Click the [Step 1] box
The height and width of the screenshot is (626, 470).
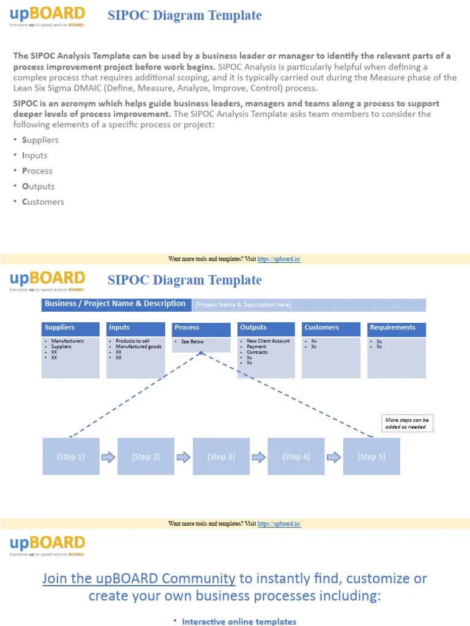pyautogui.click(x=71, y=457)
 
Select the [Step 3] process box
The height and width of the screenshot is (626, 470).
pyautogui.click(x=221, y=457)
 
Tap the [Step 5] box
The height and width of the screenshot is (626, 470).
pyautogui.click(x=371, y=457)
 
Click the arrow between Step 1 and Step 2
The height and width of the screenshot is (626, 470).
pyautogui.click(x=108, y=457)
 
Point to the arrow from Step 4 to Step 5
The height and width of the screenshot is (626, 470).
pyautogui.click(x=334, y=457)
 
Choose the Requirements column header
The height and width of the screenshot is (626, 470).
pyautogui.click(x=396, y=328)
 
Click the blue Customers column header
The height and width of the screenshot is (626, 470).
pyautogui.click(x=331, y=328)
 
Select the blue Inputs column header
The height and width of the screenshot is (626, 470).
pyautogui.click(x=135, y=328)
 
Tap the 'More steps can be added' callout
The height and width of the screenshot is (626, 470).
pyautogui.click(x=407, y=423)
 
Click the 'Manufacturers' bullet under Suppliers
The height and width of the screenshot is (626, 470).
pyautogui.click(x=67, y=341)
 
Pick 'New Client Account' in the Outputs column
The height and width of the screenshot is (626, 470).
pyautogui.click(x=268, y=341)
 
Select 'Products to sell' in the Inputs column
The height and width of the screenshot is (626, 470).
pyautogui.click(x=132, y=341)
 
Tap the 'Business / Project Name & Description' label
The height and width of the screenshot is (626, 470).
pyautogui.click(x=115, y=304)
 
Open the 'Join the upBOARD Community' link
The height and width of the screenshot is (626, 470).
pyautogui.click(x=139, y=578)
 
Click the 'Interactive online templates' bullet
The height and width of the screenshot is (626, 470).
pyautogui.click(x=239, y=622)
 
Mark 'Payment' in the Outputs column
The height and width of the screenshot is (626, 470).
pyautogui.click(x=256, y=347)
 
